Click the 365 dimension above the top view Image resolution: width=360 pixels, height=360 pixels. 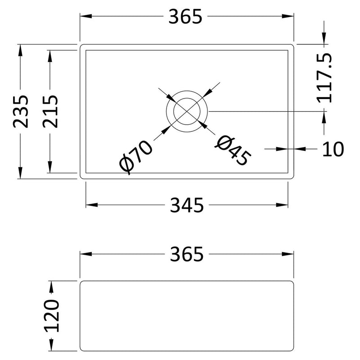pyautogui.click(x=186, y=17)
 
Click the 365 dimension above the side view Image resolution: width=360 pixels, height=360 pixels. pyautogui.click(x=186, y=255)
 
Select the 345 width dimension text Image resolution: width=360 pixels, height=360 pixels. pyautogui.click(x=186, y=205)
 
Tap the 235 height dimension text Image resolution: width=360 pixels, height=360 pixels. pyautogui.click(x=21, y=111)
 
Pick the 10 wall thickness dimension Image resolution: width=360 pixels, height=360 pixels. pyautogui.click(x=333, y=148)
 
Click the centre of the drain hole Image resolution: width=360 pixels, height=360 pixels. pyautogui.click(x=187, y=111)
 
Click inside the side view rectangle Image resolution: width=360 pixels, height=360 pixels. pyautogui.click(x=187, y=315)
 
